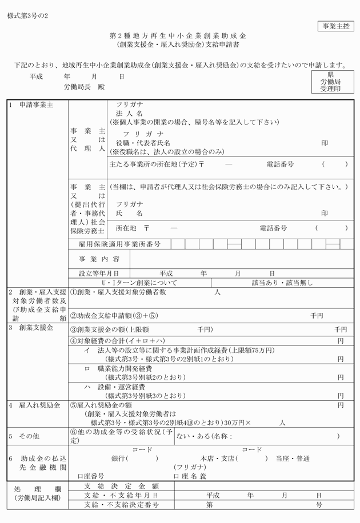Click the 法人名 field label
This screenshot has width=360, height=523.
129,114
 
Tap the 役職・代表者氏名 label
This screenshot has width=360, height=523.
143,142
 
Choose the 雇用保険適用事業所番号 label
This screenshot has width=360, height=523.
119,244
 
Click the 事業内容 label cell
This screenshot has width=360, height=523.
99,259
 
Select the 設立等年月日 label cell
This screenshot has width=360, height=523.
99,273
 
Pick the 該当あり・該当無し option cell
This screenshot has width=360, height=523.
275,283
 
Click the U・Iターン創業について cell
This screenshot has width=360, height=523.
139,283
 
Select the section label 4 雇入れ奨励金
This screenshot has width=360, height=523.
34,405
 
